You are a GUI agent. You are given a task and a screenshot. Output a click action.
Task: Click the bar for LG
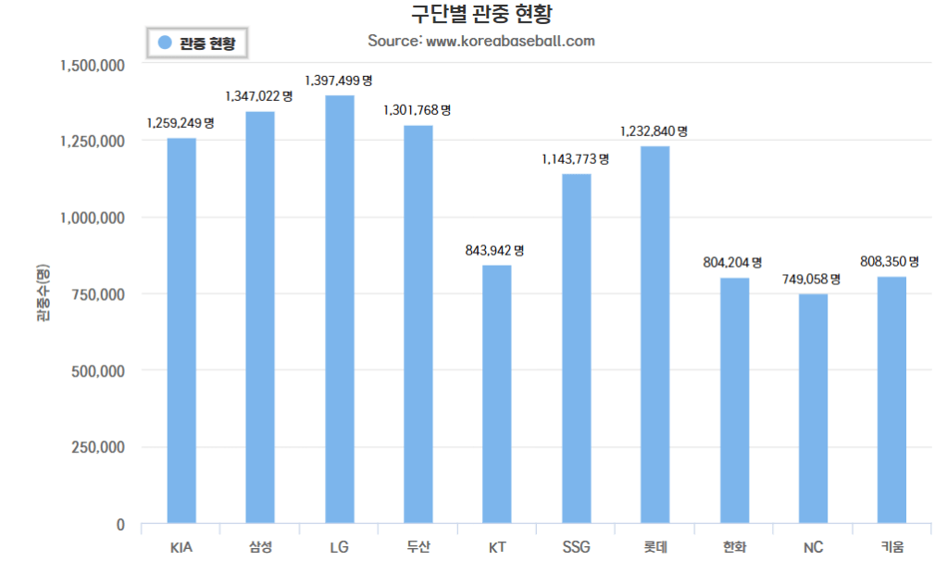(x=339, y=309)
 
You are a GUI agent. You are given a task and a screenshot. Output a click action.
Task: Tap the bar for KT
(x=496, y=394)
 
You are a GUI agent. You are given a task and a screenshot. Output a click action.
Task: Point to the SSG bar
(x=576, y=348)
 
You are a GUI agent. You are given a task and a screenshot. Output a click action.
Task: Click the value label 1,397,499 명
(x=339, y=81)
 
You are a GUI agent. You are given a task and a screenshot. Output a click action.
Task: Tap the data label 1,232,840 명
(x=654, y=131)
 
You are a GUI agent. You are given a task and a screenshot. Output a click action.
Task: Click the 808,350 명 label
(x=890, y=262)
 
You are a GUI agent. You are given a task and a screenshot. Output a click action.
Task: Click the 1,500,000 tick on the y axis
(x=93, y=66)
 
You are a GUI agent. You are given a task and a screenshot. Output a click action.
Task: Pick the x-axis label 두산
(x=417, y=546)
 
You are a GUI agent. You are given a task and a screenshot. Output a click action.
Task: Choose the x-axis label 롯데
(x=654, y=546)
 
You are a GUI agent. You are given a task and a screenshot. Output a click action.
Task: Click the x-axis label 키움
(x=891, y=546)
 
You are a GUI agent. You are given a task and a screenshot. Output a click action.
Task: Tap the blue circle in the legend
(x=165, y=43)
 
